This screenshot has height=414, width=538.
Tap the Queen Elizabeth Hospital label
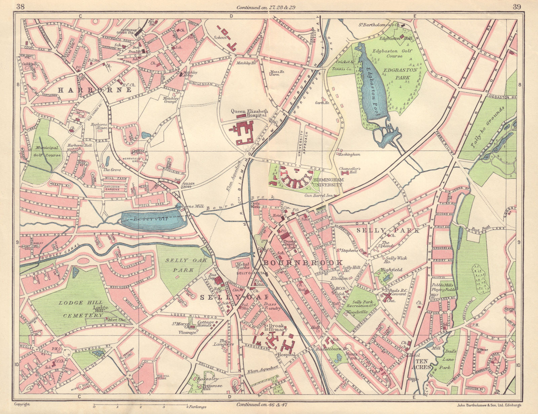click(249, 113)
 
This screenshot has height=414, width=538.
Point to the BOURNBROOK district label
click(303, 263)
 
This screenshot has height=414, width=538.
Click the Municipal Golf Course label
click(47, 151)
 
